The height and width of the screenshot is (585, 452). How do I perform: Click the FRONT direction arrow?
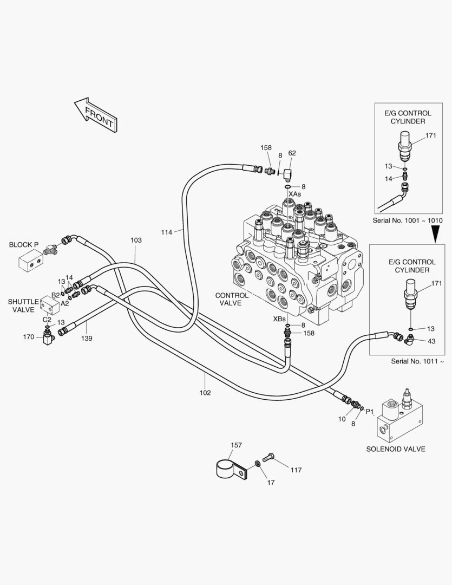[96, 114]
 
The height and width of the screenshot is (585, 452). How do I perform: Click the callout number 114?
[167, 232]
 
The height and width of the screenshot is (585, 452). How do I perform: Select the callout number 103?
[136, 240]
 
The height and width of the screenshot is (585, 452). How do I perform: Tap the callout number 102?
[205, 393]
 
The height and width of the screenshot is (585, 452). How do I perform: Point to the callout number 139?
[87, 339]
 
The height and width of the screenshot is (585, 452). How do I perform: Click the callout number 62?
[292, 153]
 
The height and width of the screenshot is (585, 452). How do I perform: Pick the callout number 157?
[236, 445]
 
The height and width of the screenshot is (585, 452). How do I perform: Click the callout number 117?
[296, 470]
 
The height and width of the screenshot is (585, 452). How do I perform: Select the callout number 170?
[29, 337]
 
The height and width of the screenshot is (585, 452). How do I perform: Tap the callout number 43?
[431, 341]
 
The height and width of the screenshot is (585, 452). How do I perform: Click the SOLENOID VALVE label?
[396, 449]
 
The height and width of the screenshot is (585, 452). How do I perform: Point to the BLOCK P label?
[23, 245]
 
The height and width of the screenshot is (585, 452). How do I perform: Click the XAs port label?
[294, 194]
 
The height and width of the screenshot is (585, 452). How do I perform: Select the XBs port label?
[279, 319]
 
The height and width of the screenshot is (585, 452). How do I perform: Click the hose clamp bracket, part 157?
[231, 469]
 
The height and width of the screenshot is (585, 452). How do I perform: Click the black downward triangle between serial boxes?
[435, 235]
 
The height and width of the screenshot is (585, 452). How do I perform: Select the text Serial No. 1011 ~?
[417, 361]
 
